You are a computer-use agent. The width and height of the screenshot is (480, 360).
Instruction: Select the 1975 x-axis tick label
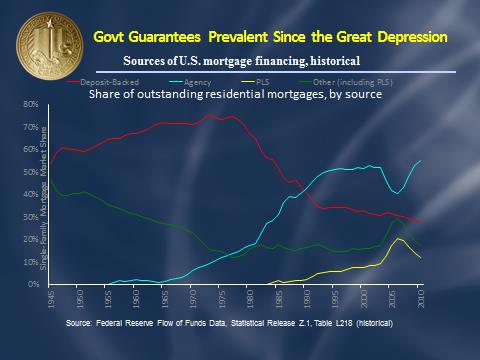233,300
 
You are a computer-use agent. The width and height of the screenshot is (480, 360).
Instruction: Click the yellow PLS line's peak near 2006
400,239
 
